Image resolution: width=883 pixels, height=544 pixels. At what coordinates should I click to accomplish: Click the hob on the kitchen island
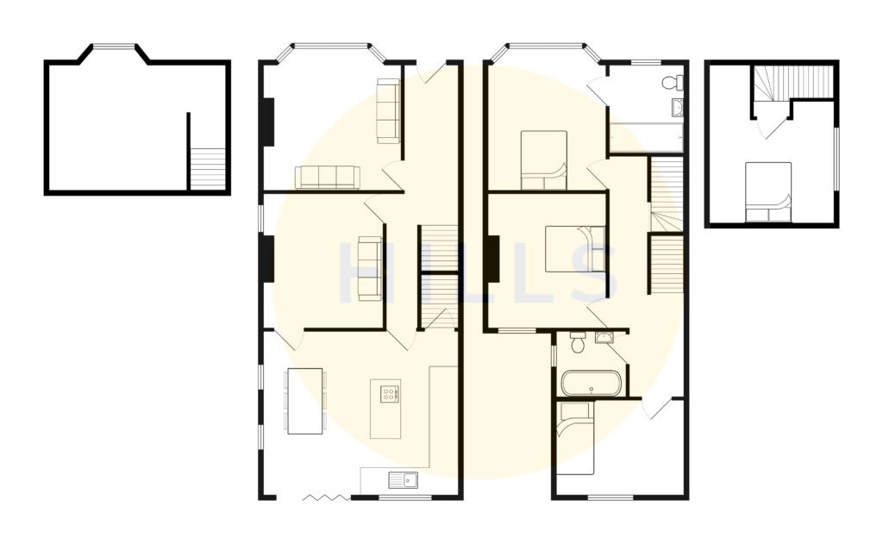click(389, 394)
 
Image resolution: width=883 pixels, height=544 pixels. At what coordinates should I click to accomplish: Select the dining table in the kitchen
click(304, 401)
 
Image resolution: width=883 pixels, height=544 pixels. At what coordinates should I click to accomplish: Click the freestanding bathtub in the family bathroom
click(590, 382)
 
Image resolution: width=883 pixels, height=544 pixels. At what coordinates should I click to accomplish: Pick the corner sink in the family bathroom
click(603, 336)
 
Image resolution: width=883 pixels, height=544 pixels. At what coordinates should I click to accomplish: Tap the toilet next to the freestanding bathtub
click(578, 343)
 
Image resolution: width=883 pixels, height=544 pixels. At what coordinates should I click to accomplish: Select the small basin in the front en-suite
click(678, 108)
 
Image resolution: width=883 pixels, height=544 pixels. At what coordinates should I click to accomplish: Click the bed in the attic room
click(767, 191)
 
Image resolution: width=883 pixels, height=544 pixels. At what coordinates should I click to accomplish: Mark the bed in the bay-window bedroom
click(543, 159)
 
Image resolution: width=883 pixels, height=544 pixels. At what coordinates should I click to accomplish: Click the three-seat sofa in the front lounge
click(327, 177)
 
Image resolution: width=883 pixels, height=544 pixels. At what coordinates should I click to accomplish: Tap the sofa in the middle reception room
click(370, 268)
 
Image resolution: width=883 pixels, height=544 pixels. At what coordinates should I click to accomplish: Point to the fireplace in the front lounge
click(268, 122)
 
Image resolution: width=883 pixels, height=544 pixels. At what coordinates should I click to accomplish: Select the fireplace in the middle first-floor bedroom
click(492, 259)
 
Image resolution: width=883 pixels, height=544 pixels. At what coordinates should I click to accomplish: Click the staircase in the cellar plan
click(207, 167)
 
